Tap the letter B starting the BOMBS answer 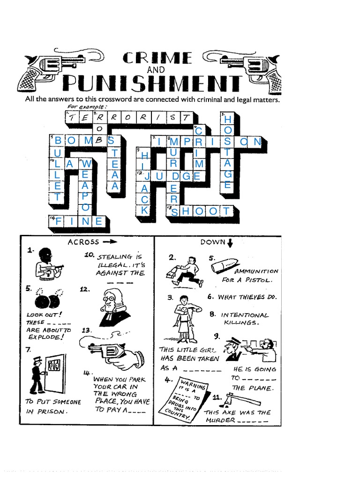[x=58, y=141]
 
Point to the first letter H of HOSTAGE [x=227, y=120]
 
